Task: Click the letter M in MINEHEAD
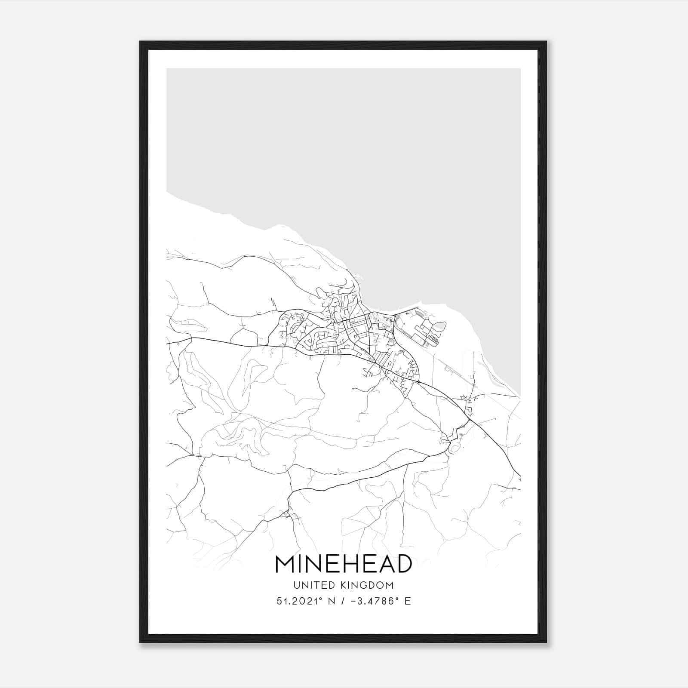285,564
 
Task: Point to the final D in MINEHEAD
404,564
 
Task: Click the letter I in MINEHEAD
300,564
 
